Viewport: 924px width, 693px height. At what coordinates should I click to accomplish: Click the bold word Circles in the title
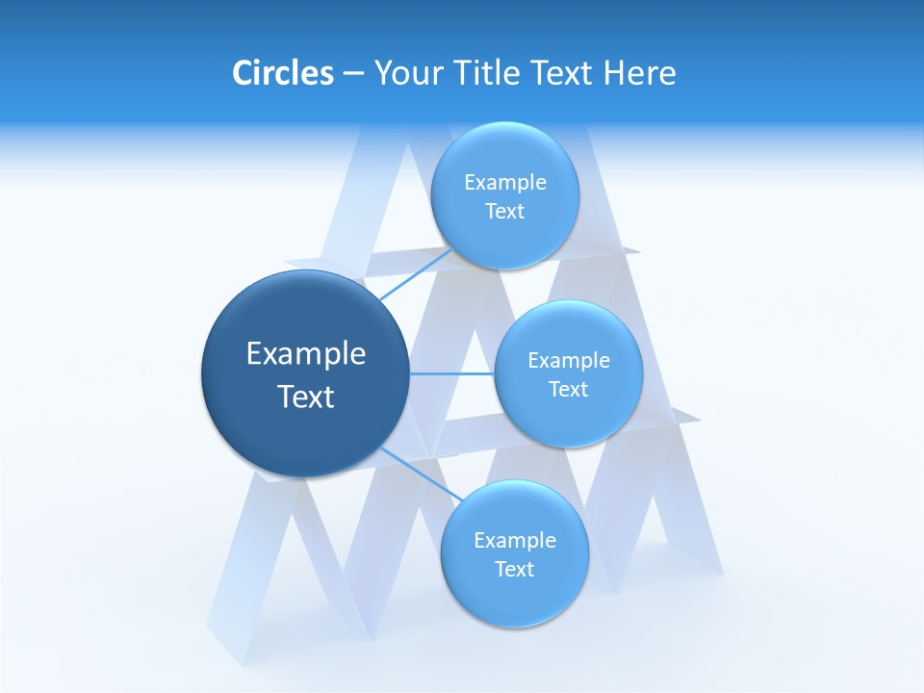[x=282, y=73]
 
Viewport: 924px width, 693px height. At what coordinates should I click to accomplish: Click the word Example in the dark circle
[x=306, y=354]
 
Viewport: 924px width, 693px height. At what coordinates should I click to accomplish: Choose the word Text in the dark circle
[x=306, y=397]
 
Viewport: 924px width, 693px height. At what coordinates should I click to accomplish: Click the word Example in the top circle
[x=505, y=183]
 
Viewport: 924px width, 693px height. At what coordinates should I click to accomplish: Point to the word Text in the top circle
[x=505, y=212]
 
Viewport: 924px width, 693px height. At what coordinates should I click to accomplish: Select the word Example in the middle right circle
[x=569, y=361]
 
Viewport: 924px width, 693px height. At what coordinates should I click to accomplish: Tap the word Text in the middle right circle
[x=569, y=390]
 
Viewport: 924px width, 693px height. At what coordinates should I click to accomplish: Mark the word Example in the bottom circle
[x=515, y=541]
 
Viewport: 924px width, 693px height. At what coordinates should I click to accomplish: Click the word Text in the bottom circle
[x=515, y=570]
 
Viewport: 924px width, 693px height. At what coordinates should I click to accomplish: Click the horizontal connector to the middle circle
[x=451, y=373]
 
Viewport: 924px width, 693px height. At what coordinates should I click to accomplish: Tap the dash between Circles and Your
[x=353, y=73]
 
